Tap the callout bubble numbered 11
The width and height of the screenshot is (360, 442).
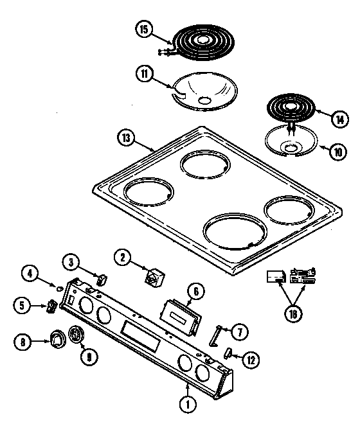pos(145,74)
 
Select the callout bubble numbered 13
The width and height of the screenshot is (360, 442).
pos(127,137)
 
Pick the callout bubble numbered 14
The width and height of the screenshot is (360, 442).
pos(339,118)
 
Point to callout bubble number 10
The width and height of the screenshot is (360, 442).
pos(337,153)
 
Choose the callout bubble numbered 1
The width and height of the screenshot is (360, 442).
pos(188,405)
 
